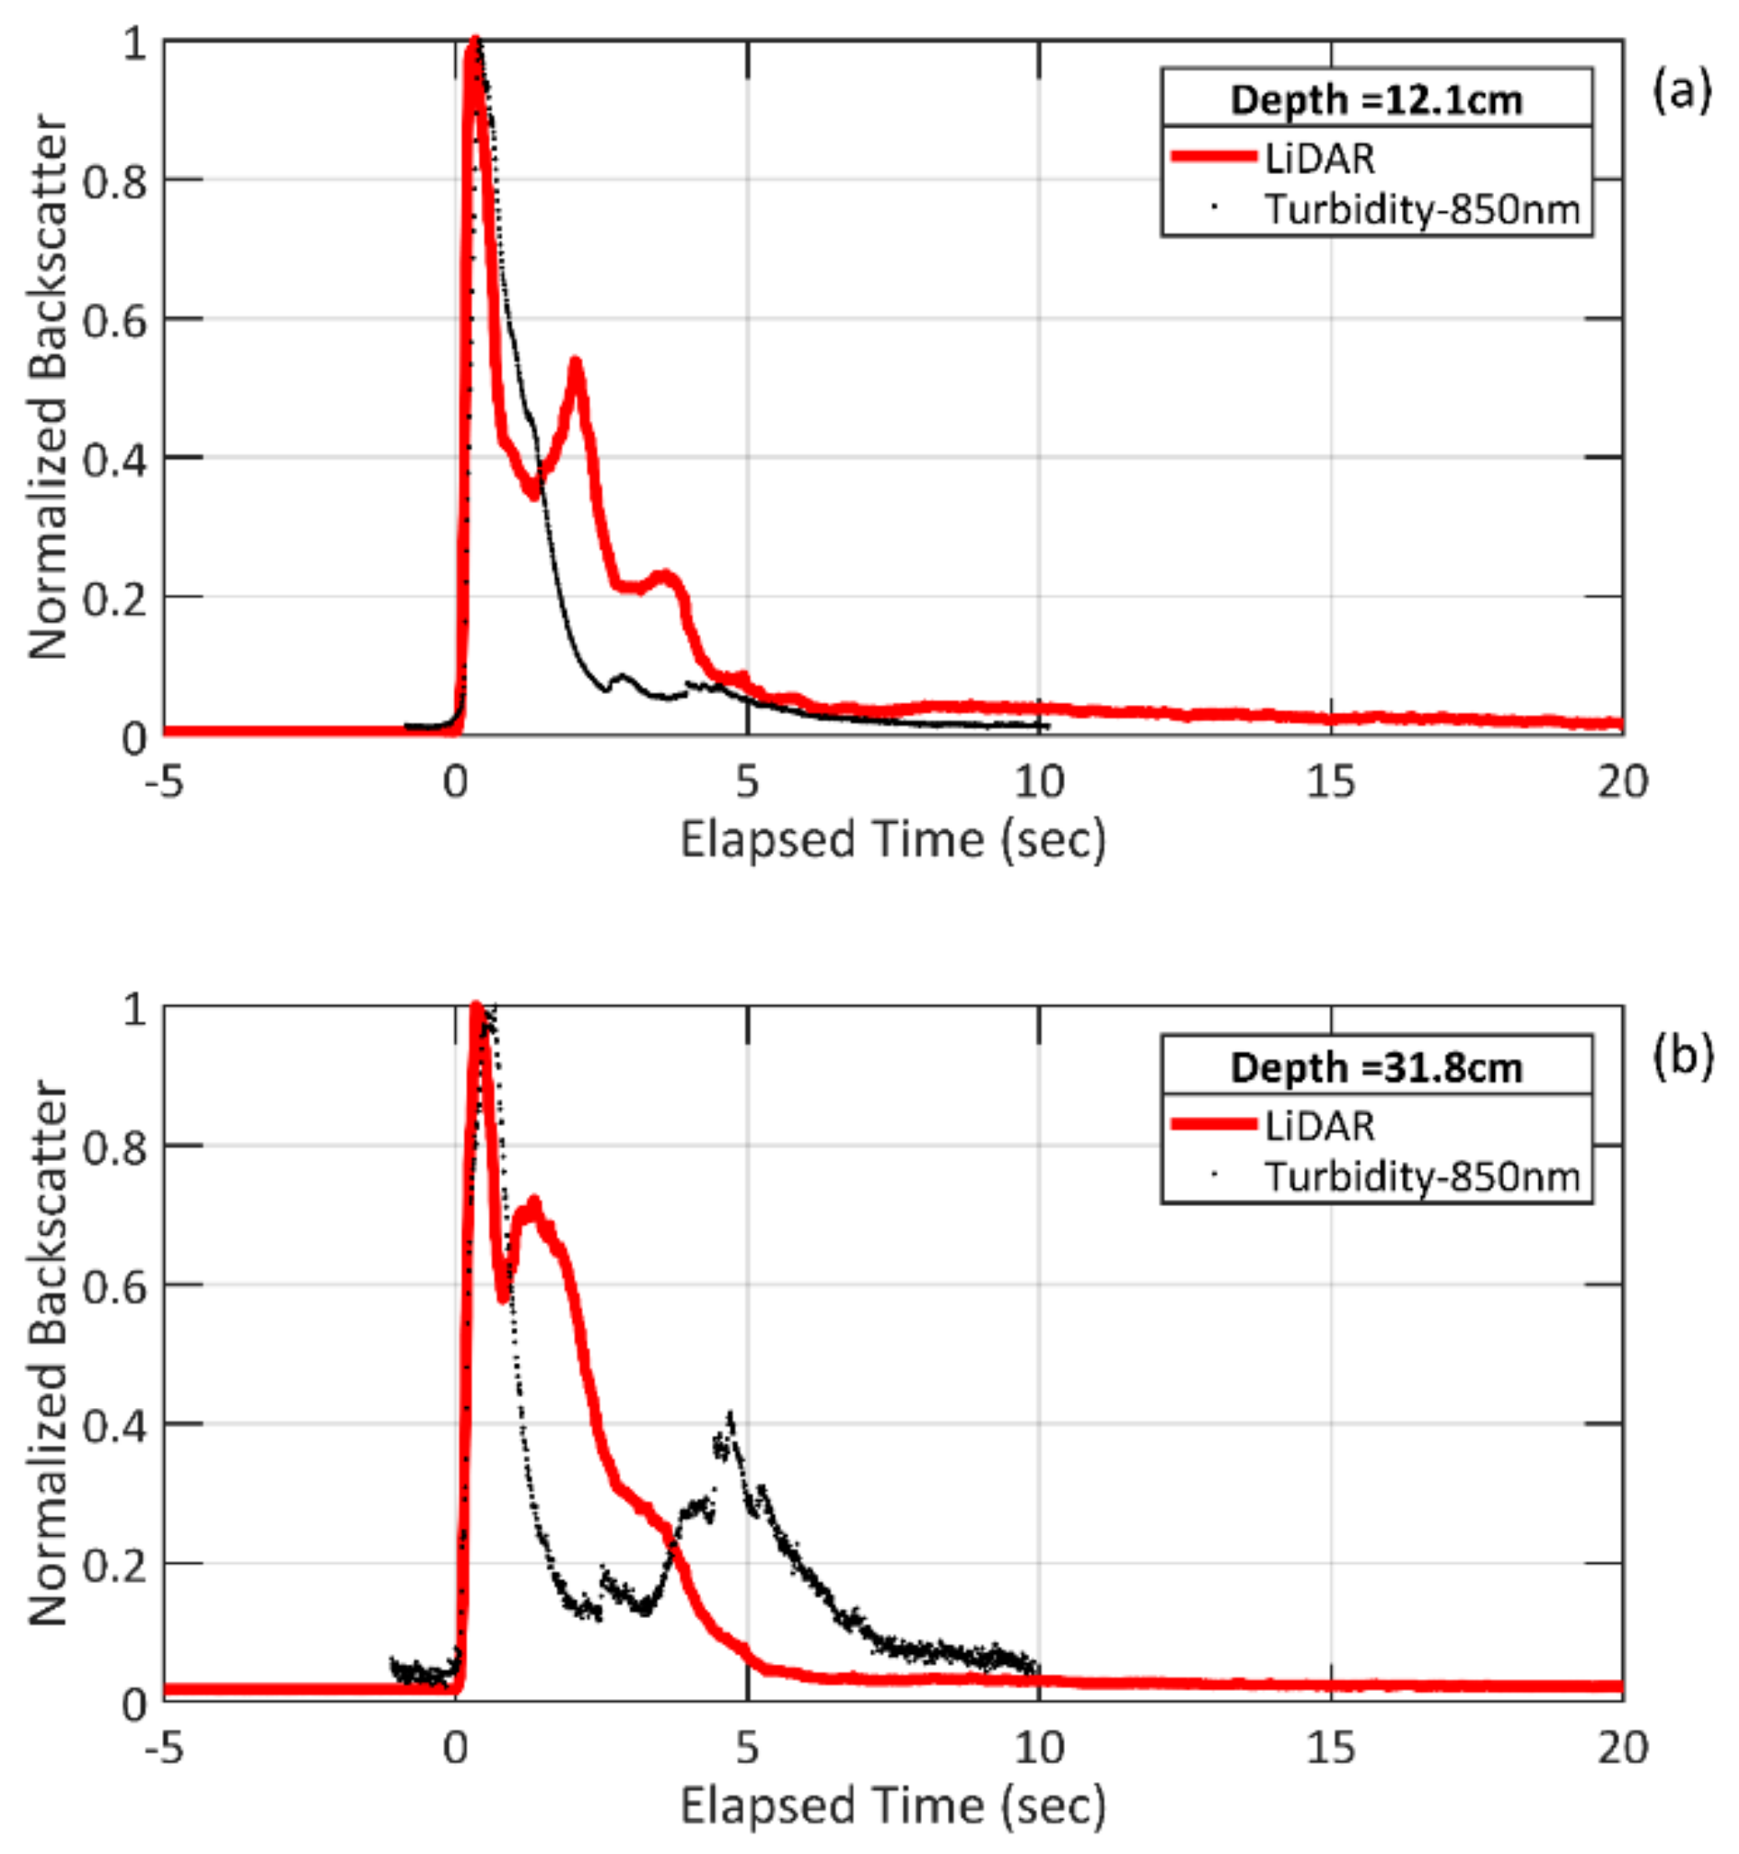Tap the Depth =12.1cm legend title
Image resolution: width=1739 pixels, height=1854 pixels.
click(1375, 100)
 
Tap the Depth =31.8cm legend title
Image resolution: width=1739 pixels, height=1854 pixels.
click(1375, 1067)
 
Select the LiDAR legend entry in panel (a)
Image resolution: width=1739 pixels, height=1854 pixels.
click(1318, 158)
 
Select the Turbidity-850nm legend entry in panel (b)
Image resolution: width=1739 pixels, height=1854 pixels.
click(1421, 1176)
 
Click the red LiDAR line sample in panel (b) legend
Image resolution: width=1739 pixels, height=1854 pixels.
click(1213, 1125)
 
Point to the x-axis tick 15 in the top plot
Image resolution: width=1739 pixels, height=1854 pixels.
click(1330, 781)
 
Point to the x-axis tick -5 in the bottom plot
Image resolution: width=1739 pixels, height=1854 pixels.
click(164, 1748)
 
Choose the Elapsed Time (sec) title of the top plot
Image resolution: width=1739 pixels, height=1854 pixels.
click(893, 839)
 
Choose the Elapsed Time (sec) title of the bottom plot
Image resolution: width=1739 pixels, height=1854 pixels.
click(893, 1805)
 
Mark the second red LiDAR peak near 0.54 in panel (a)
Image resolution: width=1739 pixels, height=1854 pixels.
click(576, 363)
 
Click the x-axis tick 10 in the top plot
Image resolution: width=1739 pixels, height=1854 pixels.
click(1039, 781)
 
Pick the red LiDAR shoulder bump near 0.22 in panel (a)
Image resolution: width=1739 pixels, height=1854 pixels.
click(664, 576)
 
